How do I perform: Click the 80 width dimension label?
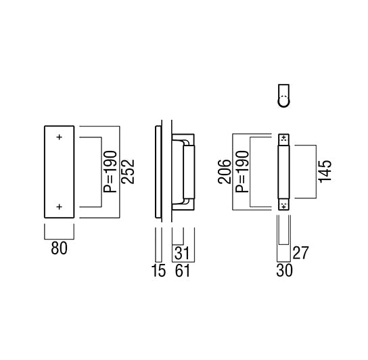coord(59,248)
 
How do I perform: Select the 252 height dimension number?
coord(128,172)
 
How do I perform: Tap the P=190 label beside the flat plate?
coord(110,172)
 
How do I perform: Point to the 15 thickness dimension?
coord(159,270)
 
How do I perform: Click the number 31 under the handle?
coord(182,253)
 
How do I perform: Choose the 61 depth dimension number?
coord(183,270)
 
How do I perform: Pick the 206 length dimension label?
coord(225,172)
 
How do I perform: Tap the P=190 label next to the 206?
coord(242,172)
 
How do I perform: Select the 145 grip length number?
coord(325,171)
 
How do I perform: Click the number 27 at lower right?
coord(300,253)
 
